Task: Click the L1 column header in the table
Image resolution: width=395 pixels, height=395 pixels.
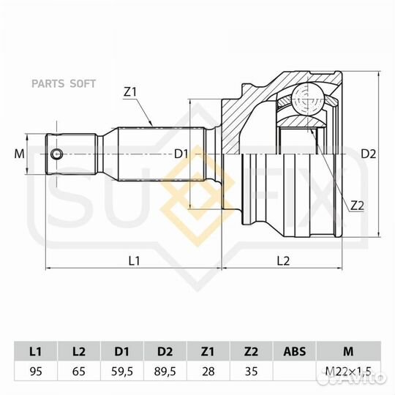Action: coord(35,350)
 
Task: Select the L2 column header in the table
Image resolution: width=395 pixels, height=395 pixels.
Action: coord(78,350)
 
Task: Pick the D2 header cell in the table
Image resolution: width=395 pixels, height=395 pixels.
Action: coord(165,350)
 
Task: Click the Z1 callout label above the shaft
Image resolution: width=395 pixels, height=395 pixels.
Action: coord(130,92)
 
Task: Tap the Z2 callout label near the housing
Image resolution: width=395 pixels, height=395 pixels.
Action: coord(357,206)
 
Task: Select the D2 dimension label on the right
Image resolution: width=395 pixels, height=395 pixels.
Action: coord(368,154)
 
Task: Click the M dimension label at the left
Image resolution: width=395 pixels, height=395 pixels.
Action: coord(19,154)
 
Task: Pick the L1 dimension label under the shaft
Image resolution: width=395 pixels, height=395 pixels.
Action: coord(134,260)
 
